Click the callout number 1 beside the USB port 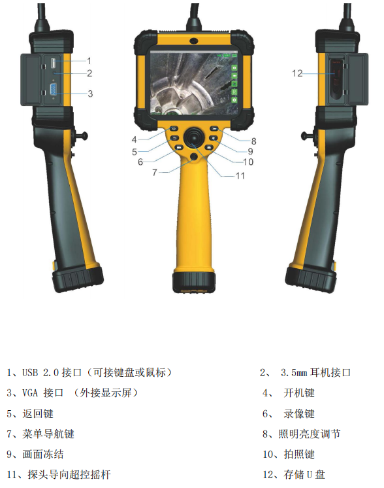[89, 61]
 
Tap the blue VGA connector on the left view [54, 90]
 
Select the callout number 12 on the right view [297, 73]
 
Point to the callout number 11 [240, 176]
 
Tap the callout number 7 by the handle [154, 172]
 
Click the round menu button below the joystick [194, 156]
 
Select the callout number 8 [253, 141]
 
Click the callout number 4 [135, 139]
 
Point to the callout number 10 [248, 162]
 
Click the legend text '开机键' [299, 393]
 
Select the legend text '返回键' [38, 413]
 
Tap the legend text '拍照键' [299, 455]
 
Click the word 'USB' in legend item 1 [30, 372]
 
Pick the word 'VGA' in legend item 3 [30, 393]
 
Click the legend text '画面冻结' [43, 455]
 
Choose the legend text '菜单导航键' [48, 434]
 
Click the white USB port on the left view [53, 63]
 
